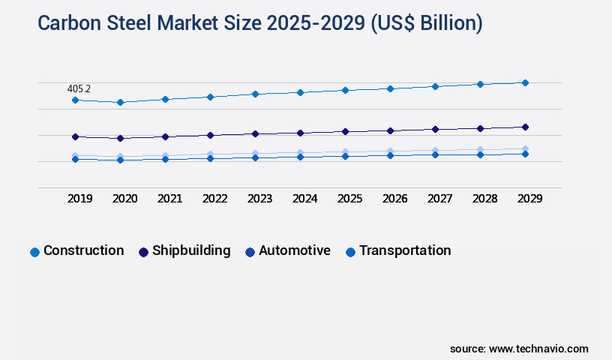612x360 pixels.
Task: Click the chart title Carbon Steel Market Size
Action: click(x=259, y=23)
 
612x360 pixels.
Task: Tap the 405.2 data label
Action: click(x=79, y=88)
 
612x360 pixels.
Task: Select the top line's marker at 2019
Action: click(x=75, y=100)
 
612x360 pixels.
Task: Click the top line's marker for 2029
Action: click(x=525, y=82)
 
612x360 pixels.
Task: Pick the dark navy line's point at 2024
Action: click(x=300, y=133)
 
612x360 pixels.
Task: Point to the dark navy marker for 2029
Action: click(x=525, y=127)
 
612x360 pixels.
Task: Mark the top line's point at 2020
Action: click(x=120, y=102)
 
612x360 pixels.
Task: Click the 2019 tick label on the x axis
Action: click(x=79, y=199)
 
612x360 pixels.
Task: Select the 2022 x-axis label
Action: click(x=214, y=199)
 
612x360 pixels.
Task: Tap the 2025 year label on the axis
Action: click(x=349, y=199)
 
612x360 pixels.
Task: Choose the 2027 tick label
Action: click(x=439, y=199)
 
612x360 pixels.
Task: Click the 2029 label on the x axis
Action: click(x=529, y=199)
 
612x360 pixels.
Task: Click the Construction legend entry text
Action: click(x=83, y=250)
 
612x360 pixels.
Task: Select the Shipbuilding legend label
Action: click(x=191, y=250)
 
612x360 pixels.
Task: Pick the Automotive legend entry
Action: click(x=295, y=250)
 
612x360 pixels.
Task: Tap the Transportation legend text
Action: click(x=405, y=250)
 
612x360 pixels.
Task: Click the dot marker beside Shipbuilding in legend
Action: click(x=143, y=252)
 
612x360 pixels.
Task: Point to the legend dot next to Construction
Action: click(x=34, y=252)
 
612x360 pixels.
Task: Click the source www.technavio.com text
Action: click(x=519, y=349)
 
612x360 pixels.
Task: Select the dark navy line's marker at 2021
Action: click(x=165, y=136)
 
